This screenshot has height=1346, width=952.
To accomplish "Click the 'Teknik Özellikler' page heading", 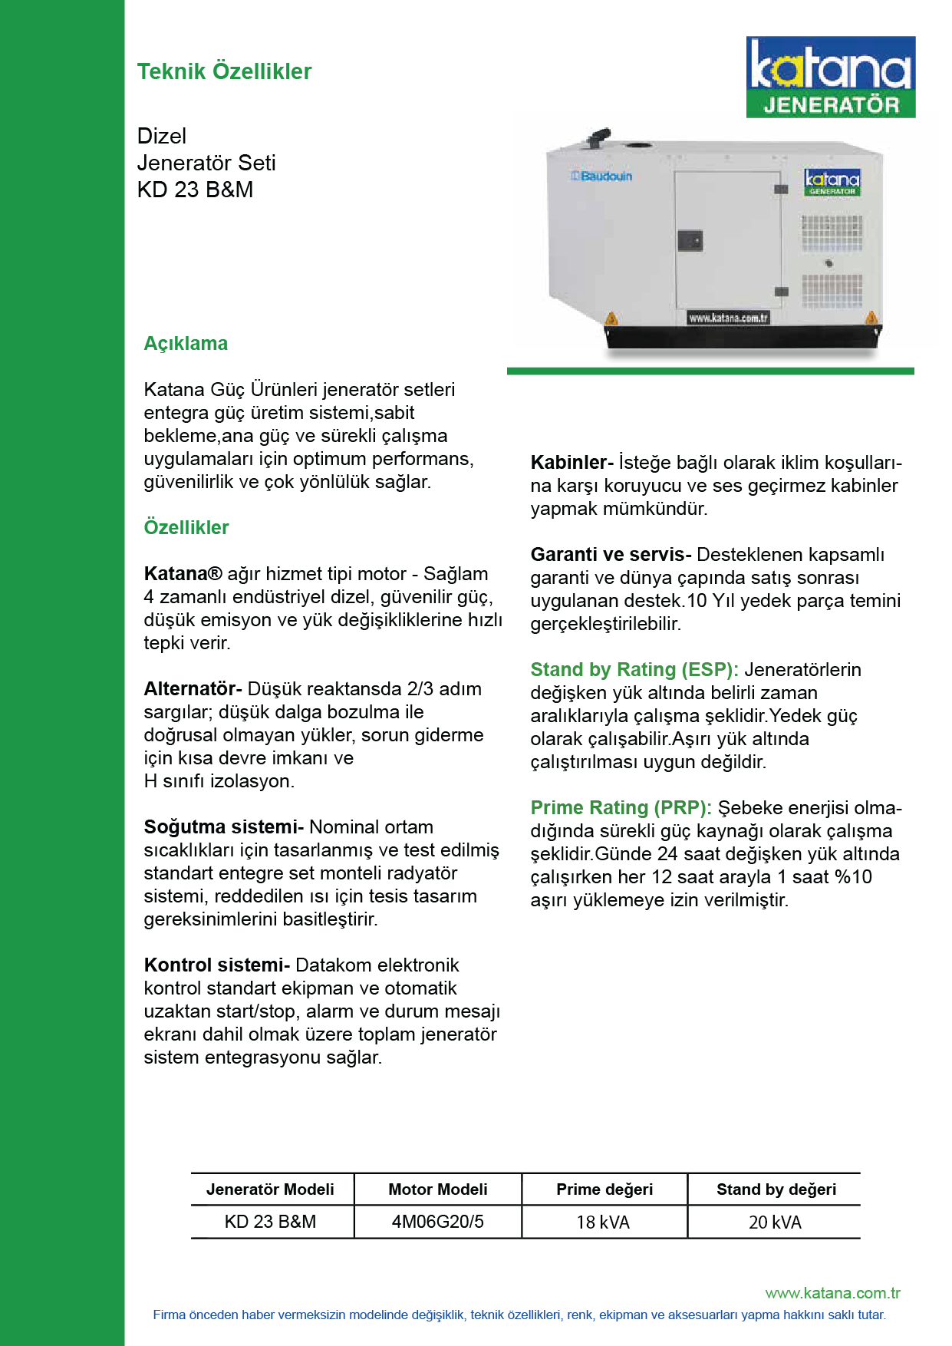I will [224, 71].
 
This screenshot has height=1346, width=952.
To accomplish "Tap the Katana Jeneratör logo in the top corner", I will [831, 77].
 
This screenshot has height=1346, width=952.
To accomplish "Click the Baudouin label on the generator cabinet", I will [602, 176].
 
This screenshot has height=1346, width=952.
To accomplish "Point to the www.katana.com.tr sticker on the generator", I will [727, 318].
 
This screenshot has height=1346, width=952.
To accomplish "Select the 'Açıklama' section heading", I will [186, 343].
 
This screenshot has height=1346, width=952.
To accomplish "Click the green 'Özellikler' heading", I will [186, 527].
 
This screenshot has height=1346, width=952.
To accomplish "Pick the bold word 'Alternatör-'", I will [193, 688].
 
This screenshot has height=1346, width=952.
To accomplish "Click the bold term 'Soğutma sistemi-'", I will [223, 826].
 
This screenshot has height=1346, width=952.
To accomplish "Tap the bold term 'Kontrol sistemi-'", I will [216, 965].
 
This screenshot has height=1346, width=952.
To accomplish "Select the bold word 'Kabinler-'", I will [572, 462].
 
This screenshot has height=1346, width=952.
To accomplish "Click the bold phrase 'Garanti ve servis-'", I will [611, 554].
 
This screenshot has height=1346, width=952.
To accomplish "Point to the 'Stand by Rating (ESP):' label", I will [634, 669].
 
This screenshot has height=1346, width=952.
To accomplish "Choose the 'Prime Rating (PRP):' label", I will [621, 807].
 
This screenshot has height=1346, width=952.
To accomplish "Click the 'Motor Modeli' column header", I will [438, 1189].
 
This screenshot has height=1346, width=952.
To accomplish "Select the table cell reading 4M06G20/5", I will [438, 1222].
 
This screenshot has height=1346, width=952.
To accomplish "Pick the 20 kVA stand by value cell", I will [775, 1222].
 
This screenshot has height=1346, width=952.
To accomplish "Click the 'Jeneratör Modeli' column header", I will [270, 1189].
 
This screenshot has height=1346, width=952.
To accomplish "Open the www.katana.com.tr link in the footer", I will [832, 1293].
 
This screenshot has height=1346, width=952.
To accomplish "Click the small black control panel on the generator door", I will [690, 240].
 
